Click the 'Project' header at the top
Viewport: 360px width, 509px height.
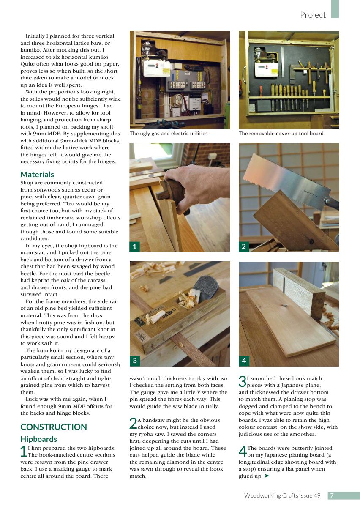pyautogui.click(x=313, y=15)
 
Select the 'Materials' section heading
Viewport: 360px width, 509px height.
pyautogui.click(x=37, y=174)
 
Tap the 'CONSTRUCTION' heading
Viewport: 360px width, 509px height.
pyautogui.click(x=54, y=427)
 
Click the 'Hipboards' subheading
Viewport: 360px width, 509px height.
pyautogui.click(x=38, y=439)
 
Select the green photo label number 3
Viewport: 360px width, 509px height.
pyautogui.click(x=134, y=361)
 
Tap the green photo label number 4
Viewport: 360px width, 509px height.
pyautogui.click(x=244, y=361)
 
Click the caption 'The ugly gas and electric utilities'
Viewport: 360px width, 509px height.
pyautogui.click(x=169, y=134)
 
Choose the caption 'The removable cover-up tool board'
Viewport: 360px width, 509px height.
pyautogui.click(x=281, y=134)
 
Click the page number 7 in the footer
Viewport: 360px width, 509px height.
pyautogui.click(x=332, y=495)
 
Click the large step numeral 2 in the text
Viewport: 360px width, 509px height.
pyautogui.click(x=133, y=423)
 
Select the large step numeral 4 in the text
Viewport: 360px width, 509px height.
pyautogui.click(x=243, y=451)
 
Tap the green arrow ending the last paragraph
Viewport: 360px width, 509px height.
pyautogui.click(x=267, y=476)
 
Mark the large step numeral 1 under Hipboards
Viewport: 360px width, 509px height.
pyautogui.click(x=24, y=451)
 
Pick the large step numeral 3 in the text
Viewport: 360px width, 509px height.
pyautogui.click(x=243, y=381)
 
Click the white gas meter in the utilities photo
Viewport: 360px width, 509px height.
pyautogui.click(x=156, y=68)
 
